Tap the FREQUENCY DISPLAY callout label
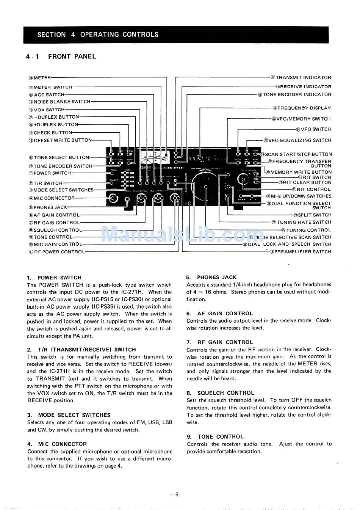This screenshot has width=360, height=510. click(x=304, y=108)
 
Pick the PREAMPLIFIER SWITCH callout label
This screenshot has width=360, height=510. click(x=302, y=252)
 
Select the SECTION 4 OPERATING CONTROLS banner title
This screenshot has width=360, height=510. click(x=98, y=35)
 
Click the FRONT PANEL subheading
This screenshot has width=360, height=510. click(x=72, y=56)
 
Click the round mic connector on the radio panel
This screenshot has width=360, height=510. click(x=113, y=197)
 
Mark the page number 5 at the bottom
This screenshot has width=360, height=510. click(x=177, y=494)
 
